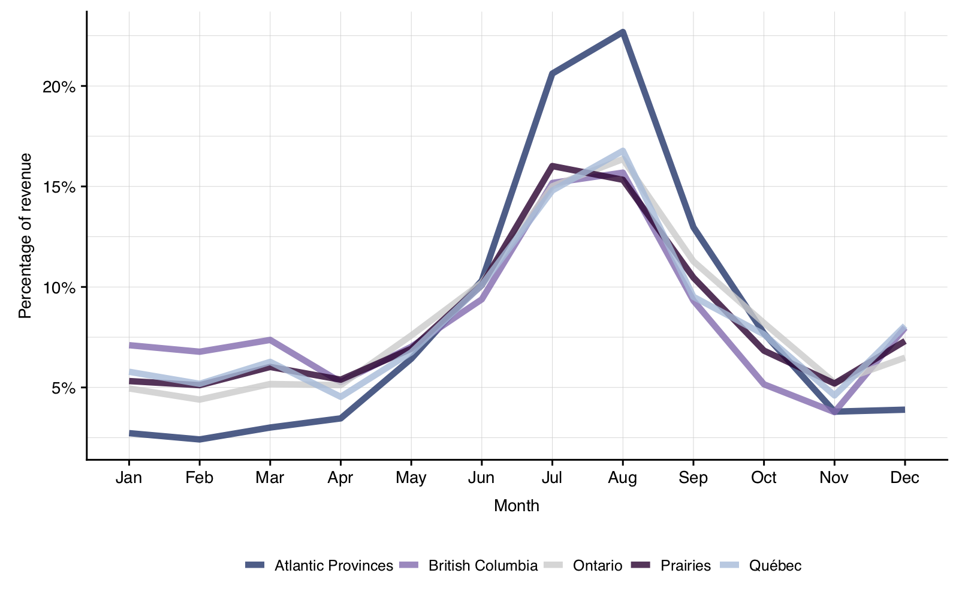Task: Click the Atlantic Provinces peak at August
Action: click(623, 32)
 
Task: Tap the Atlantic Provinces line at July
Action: click(552, 73)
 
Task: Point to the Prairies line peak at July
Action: click(552, 166)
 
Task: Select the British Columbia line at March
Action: click(270, 340)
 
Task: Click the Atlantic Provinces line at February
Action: click(199, 440)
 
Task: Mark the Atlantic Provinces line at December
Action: click(904, 410)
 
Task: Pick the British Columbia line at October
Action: click(764, 384)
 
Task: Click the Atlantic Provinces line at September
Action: click(693, 227)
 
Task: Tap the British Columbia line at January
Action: click(129, 345)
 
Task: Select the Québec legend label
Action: click(775, 566)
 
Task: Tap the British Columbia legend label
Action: click(482, 566)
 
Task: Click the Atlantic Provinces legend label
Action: click(333, 566)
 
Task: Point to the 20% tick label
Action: click(59, 86)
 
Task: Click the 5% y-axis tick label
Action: click(64, 388)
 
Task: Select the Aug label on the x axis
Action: click(623, 478)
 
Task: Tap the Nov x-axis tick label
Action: click(834, 478)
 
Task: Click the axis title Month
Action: click(517, 506)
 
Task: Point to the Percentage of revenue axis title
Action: click(25, 236)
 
